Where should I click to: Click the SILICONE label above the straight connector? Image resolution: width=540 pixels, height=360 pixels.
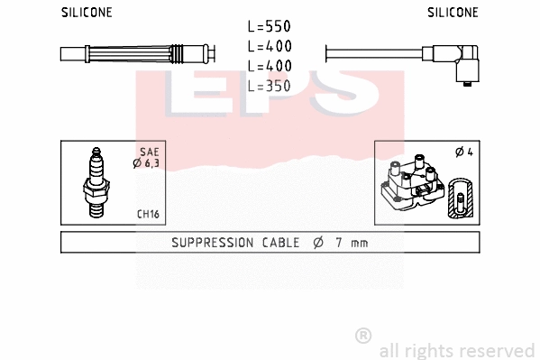pyautogui.click(x=87, y=13)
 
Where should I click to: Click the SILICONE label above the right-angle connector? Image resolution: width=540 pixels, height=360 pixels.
pyautogui.click(x=453, y=13)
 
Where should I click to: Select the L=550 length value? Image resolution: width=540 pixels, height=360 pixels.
pyautogui.click(x=269, y=27)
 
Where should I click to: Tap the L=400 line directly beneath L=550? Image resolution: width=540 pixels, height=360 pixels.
pyautogui.click(x=269, y=46)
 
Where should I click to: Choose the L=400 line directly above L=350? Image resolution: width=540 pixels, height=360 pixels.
pyautogui.click(x=269, y=65)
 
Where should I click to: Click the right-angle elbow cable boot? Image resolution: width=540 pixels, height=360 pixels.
pyautogui.click(x=466, y=67)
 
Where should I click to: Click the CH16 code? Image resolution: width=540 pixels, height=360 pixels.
pyautogui.click(x=148, y=215)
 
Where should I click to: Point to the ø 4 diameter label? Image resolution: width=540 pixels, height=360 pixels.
pyautogui.click(x=464, y=152)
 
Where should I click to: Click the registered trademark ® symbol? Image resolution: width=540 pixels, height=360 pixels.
pyautogui.click(x=363, y=335)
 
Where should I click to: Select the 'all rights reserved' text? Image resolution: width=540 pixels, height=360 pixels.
pyautogui.click(x=456, y=350)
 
